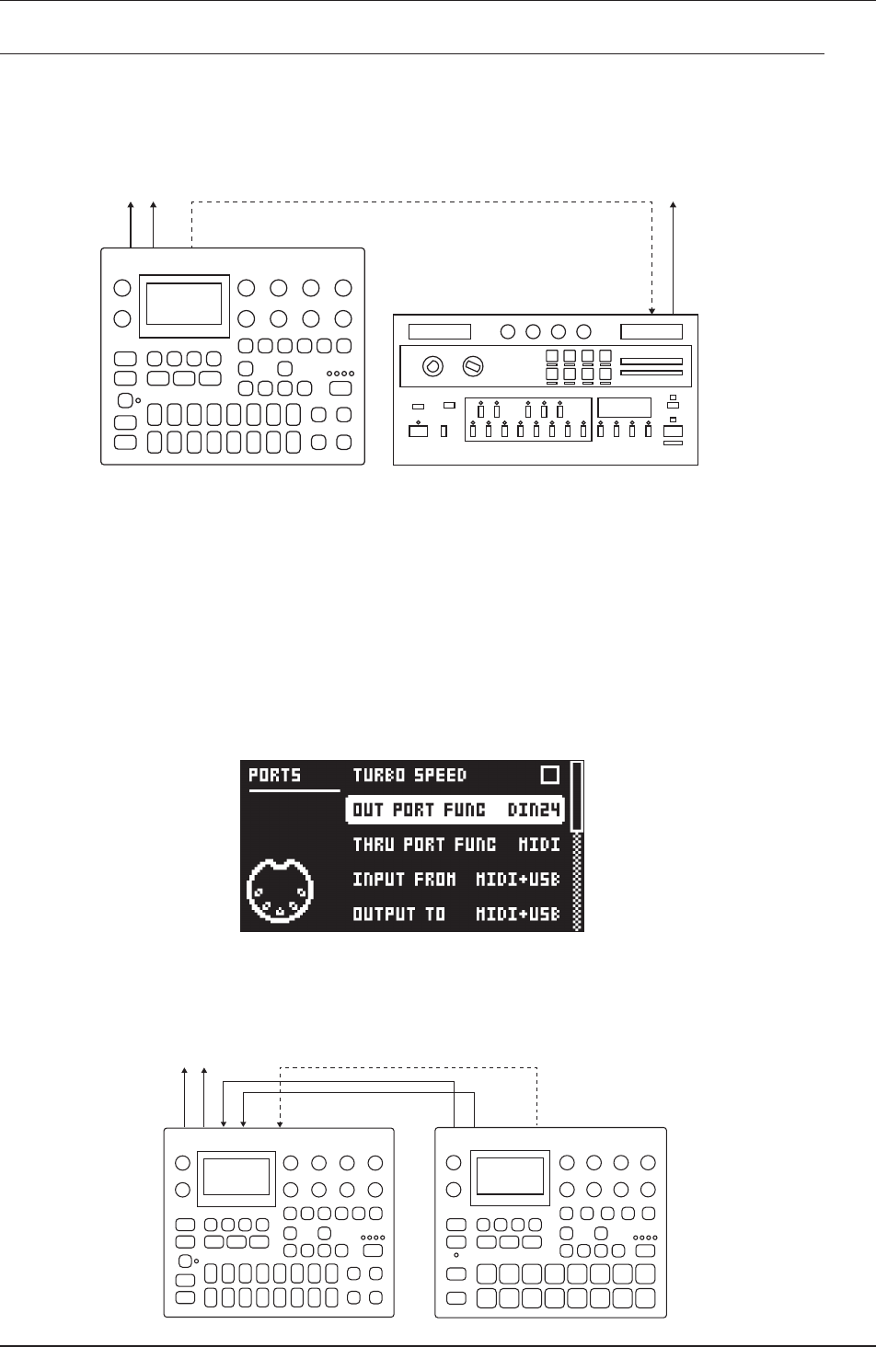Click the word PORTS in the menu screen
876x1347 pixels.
tap(274, 776)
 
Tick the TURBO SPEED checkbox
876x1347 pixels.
tap(549, 776)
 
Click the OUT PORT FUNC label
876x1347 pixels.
tap(419, 810)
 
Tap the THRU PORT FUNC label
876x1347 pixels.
tap(424, 845)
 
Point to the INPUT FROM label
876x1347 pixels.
tap(404, 880)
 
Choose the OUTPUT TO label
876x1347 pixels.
tap(398, 915)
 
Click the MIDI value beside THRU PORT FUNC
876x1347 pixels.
tap(539, 845)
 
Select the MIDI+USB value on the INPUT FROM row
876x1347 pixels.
tap(517, 880)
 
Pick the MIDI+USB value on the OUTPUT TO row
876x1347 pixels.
tap(517, 915)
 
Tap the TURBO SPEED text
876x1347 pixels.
tap(409, 776)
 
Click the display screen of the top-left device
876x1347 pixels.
tap(184, 305)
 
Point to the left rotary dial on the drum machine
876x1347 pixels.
tap(430, 367)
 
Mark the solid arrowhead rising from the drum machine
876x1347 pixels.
tap(674, 205)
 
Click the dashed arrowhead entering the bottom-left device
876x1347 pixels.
tap(280, 1122)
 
